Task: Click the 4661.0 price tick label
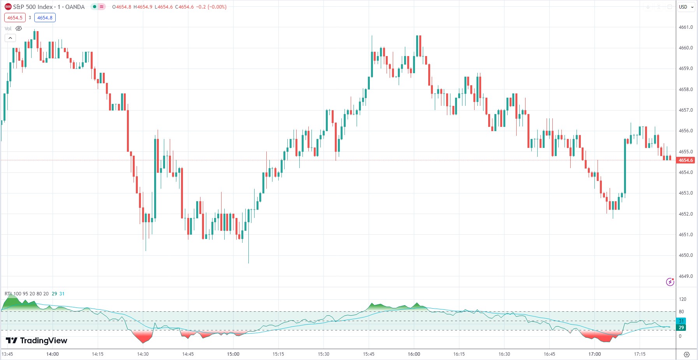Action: [x=686, y=27]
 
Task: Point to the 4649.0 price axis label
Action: [x=686, y=276]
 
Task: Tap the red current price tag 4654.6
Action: [x=686, y=160]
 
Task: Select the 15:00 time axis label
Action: [x=233, y=354]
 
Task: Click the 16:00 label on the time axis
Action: [x=414, y=354]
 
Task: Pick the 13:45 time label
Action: [x=7, y=354]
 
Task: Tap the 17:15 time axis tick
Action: [x=640, y=354]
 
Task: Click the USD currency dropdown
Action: [x=686, y=7]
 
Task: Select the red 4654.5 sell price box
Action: [x=15, y=18]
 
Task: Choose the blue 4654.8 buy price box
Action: [x=45, y=18]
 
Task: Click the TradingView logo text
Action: [x=37, y=341]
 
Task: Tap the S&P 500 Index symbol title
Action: [x=33, y=7]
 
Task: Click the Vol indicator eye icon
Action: [x=19, y=28]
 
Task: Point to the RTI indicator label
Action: [x=8, y=294]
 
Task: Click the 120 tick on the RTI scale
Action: [x=682, y=299]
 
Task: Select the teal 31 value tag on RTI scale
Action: [x=681, y=321]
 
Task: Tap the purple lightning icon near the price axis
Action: [x=670, y=282]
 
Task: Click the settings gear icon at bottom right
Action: [x=687, y=354]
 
